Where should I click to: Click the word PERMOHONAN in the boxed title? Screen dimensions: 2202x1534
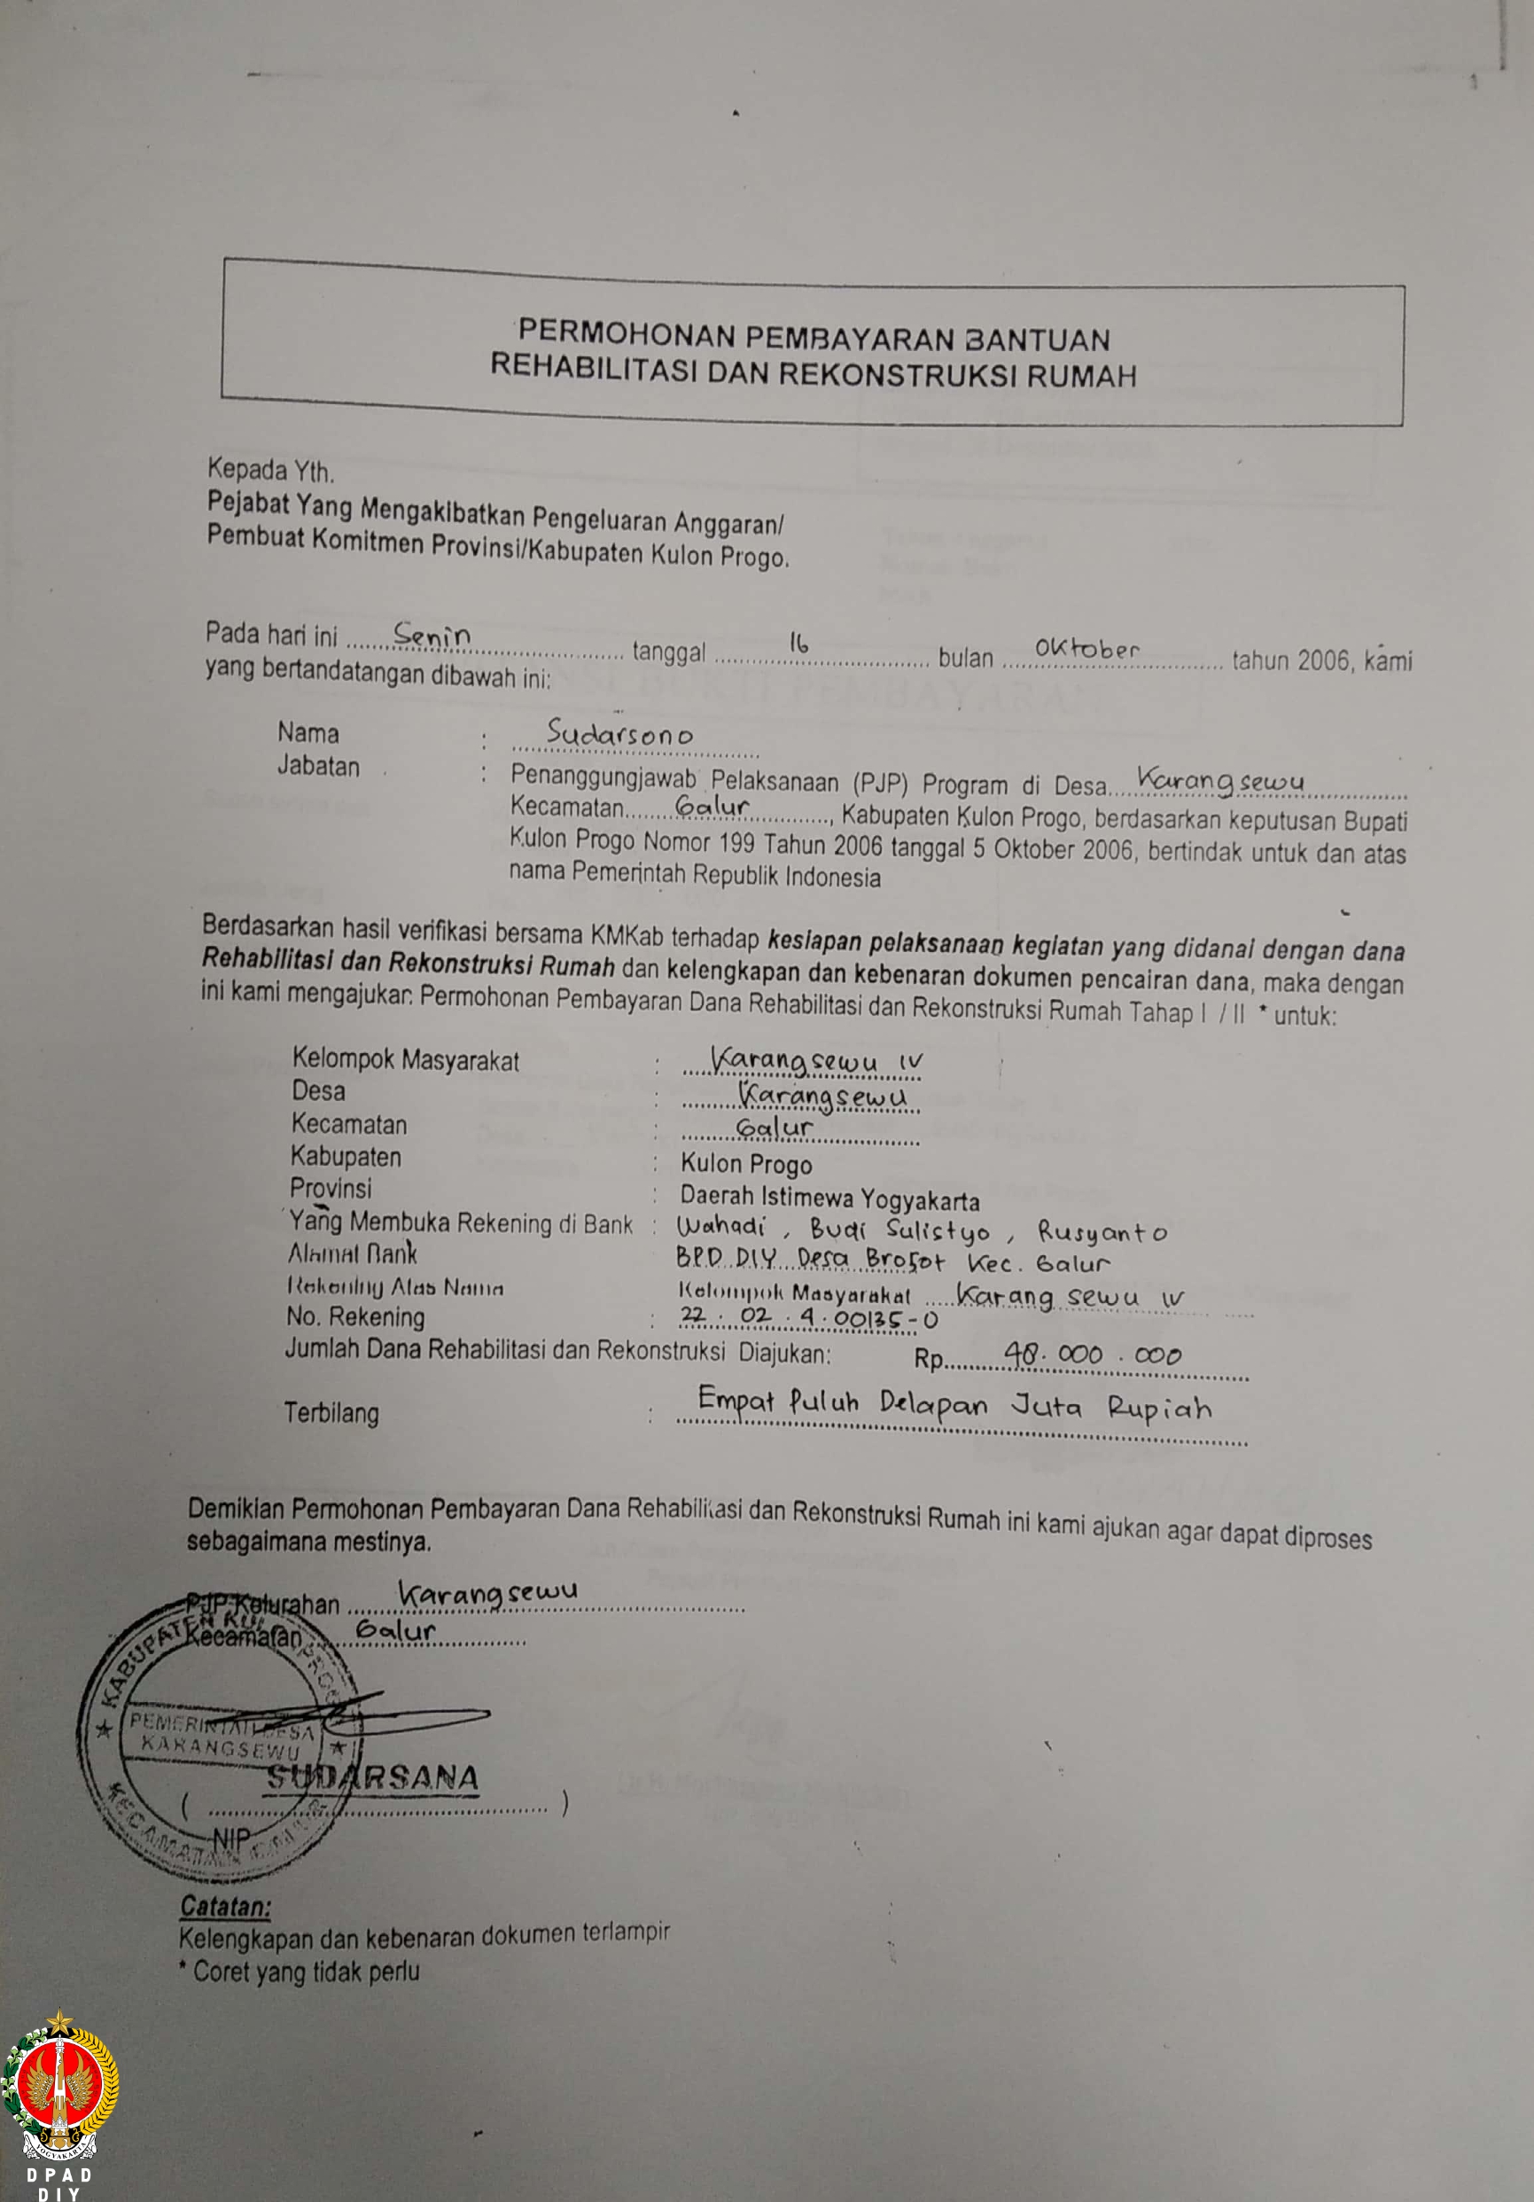pyautogui.click(x=628, y=333)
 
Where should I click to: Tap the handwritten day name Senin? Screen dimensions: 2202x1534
pyautogui.click(x=432, y=634)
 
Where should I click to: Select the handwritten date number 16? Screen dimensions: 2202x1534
pyautogui.click(x=798, y=643)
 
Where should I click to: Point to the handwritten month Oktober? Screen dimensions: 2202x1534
pyautogui.click(x=1086, y=649)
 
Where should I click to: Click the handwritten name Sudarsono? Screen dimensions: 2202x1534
pyautogui.click(x=619, y=734)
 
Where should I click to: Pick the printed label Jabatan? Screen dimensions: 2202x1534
pyautogui.click(x=318, y=768)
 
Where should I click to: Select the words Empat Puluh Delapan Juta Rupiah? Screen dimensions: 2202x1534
pyautogui.click(x=954, y=1405)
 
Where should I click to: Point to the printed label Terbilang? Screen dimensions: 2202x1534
pyautogui.click(x=331, y=1413)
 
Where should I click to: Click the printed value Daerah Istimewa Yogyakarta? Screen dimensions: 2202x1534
pyautogui.click(x=829, y=1199)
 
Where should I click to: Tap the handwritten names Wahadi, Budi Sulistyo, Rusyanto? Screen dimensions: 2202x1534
pyautogui.click(x=921, y=1230)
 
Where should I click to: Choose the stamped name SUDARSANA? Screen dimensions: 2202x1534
pyautogui.click(x=372, y=1777)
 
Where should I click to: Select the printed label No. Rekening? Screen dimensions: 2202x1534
pyautogui.click(x=354, y=1316)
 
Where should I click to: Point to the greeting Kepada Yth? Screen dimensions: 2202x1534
pyautogui.click(x=270, y=471)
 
